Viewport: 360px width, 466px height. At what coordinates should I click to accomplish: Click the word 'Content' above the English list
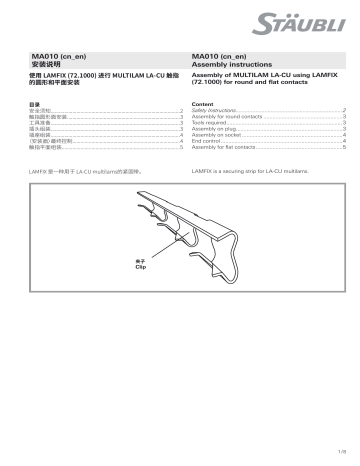[x=200, y=103]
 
